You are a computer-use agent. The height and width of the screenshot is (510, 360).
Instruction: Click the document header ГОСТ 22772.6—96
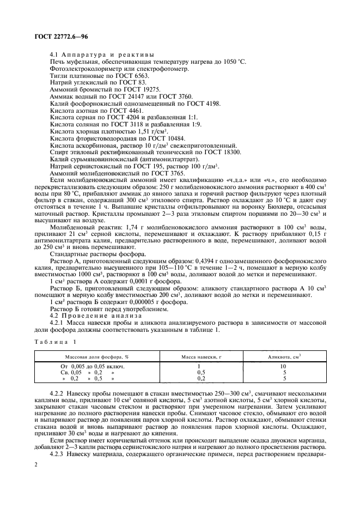click(x=53, y=38)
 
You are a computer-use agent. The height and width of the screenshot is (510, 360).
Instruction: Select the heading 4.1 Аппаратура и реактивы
click(x=101, y=54)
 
